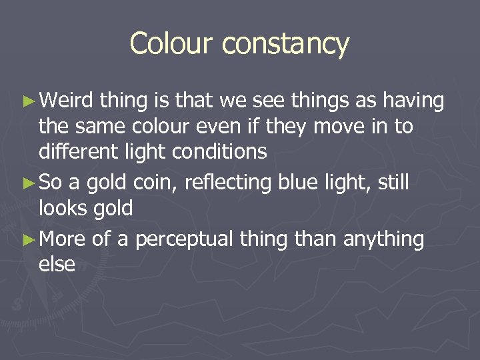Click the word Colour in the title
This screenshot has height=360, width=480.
[173, 44]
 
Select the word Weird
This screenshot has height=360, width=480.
[67, 101]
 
